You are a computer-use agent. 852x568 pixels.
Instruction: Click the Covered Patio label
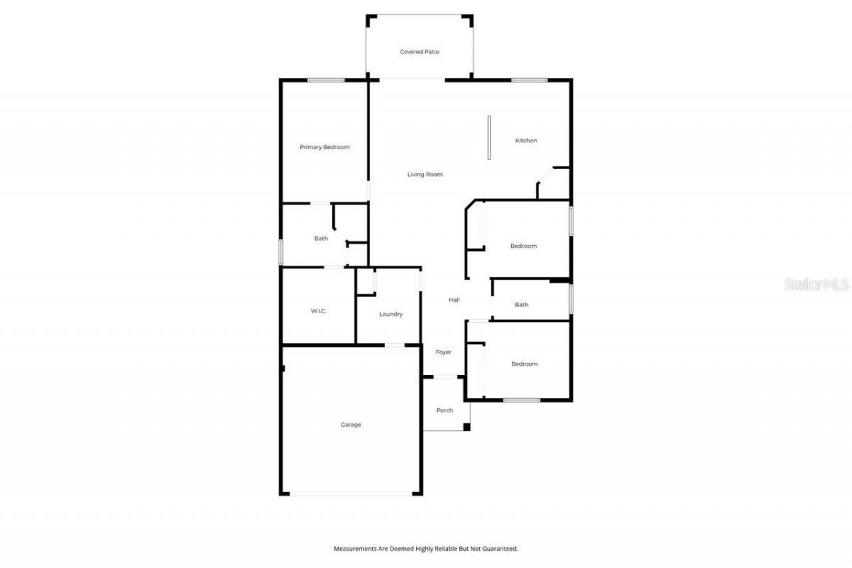pyautogui.click(x=419, y=52)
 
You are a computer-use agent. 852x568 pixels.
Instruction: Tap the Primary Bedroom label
pyautogui.click(x=324, y=147)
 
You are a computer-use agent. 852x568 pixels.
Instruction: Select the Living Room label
pyautogui.click(x=425, y=174)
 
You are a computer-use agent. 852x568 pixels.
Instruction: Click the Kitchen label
pyautogui.click(x=526, y=141)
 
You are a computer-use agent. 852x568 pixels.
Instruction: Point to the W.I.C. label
pyautogui.click(x=318, y=312)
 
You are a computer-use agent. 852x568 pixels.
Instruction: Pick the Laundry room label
pyautogui.click(x=391, y=314)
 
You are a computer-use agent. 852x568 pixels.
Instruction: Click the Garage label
pyautogui.click(x=351, y=425)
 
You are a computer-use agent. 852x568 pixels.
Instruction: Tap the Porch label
pyautogui.click(x=445, y=410)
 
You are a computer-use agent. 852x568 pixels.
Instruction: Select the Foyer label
pyautogui.click(x=443, y=352)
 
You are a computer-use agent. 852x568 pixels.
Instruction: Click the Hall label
pyautogui.click(x=454, y=300)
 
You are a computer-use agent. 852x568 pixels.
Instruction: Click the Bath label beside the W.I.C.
pyautogui.click(x=321, y=238)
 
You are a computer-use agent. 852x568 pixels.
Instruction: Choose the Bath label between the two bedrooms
pyautogui.click(x=521, y=305)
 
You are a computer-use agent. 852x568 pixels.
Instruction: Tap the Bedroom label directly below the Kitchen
pyautogui.click(x=523, y=246)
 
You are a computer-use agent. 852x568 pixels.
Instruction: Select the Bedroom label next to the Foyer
pyautogui.click(x=524, y=364)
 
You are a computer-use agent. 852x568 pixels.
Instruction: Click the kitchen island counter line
pyautogui.click(x=489, y=138)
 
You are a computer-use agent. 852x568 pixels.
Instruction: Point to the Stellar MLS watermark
pyautogui.click(x=817, y=284)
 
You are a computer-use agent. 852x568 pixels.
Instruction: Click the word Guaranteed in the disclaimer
pyautogui.click(x=497, y=549)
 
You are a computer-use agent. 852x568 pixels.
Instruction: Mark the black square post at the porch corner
pyautogui.click(x=467, y=427)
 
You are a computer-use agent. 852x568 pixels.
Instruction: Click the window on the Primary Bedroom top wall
pyautogui.click(x=325, y=81)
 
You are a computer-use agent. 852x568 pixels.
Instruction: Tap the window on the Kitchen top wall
pyautogui.click(x=529, y=81)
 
